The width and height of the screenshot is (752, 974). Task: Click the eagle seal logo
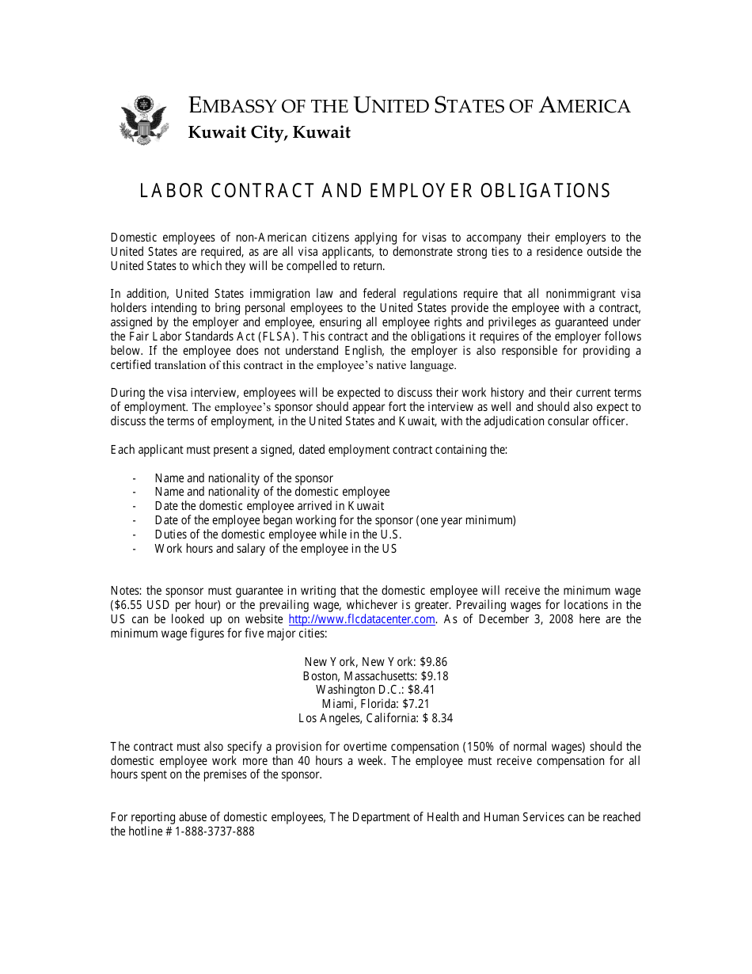(143, 120)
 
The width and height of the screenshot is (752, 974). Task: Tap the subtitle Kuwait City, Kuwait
(269, 133)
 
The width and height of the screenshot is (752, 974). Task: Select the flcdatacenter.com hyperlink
(362, 619)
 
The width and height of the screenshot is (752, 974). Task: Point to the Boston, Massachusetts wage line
(375, 676)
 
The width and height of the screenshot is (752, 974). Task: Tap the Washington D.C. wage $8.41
(421, 690)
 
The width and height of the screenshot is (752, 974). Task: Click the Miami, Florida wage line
(375, 704)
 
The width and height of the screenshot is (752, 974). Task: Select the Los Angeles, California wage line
(375, 718)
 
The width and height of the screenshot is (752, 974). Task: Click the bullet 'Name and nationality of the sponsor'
(244, 478)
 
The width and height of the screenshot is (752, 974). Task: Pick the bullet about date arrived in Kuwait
(269, 506)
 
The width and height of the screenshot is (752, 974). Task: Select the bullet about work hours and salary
(275, 549)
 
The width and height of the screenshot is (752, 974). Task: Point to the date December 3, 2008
(518, 619)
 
